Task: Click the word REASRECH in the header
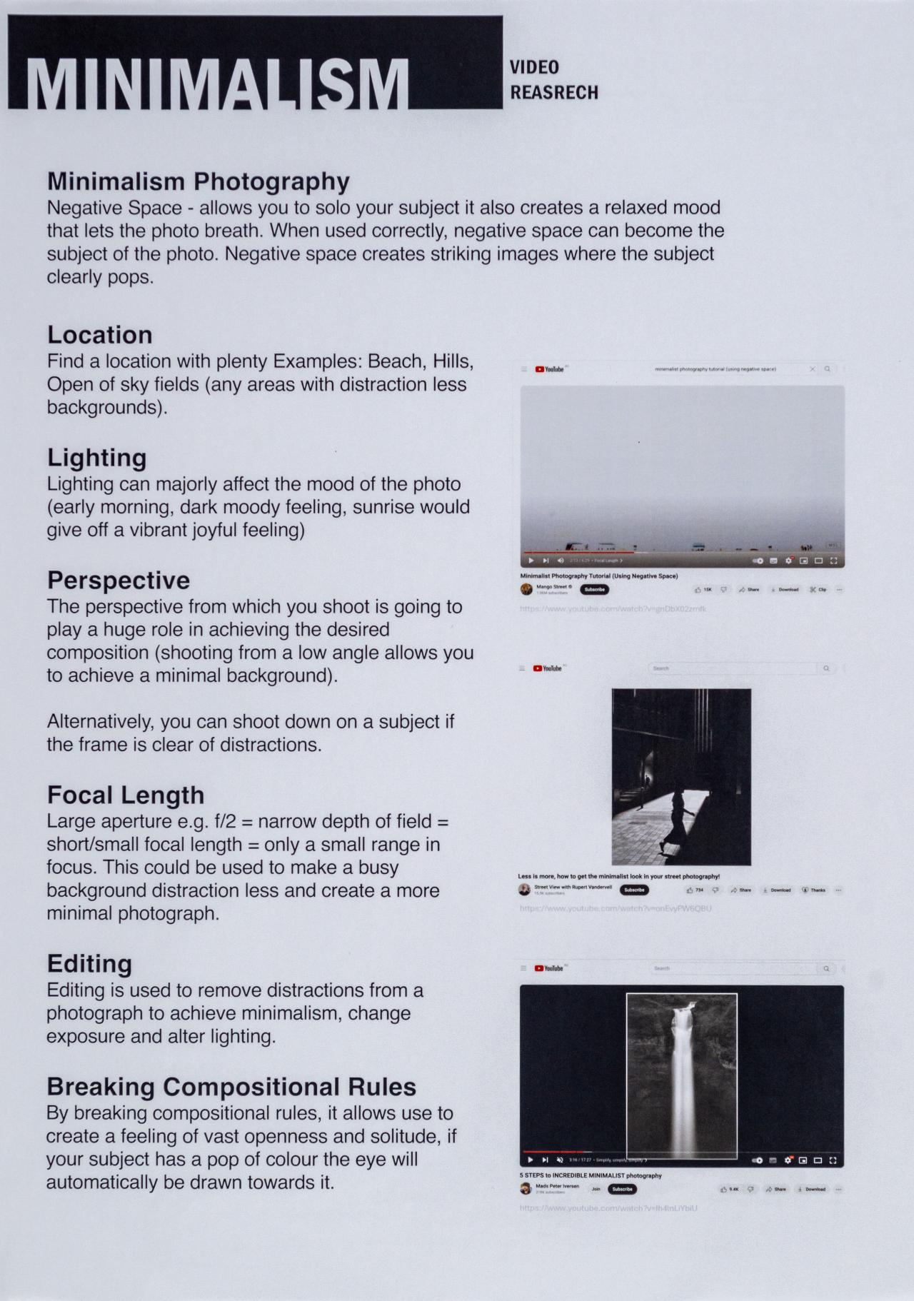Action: click(554, 92)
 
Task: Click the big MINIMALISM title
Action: click(218, 84)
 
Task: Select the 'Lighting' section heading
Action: click(97, 458)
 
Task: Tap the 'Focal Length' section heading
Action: click(126, 795)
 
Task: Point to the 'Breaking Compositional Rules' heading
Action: click(231, 1086)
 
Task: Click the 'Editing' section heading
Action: click(89, 963)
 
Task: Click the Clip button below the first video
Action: click(818, 590)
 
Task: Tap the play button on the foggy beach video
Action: click(531, 561)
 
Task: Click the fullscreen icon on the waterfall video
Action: click(833, 1160)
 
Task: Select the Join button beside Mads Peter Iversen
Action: click(596, 1189)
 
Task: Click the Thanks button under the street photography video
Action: click(813, 890)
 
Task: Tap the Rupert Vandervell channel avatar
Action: click(525, 890)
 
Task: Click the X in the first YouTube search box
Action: click(812, 369)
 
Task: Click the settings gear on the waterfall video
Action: click(788, 1160)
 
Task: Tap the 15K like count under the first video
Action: click(703, 590)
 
